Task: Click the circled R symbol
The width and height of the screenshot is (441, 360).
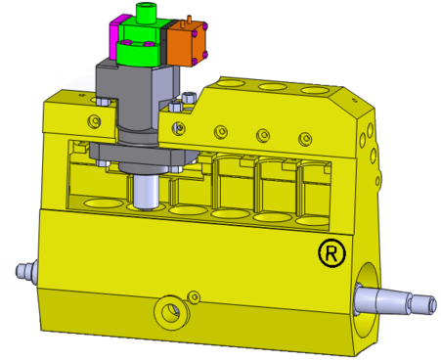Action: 331,252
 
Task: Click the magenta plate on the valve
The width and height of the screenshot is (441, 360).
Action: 114,37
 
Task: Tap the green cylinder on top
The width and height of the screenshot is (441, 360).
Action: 146,13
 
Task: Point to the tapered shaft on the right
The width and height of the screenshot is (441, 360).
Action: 395,300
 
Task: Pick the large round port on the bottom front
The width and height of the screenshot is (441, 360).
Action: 171,312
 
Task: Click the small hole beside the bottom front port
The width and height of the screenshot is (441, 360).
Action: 195,296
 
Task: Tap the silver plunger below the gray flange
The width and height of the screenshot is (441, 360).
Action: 146,192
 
